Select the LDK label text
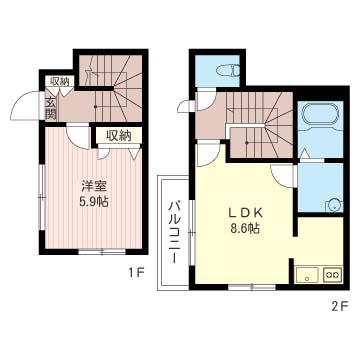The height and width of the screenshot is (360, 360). [x=246, y=213]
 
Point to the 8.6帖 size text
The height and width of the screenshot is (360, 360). [x=246, y=228]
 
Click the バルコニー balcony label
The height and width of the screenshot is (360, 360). [x=174, y=232]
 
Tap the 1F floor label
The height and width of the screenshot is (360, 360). [x=137, y=273]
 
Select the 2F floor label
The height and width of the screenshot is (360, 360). [x=340, y=306]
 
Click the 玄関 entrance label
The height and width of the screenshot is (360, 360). [x=50, y=109]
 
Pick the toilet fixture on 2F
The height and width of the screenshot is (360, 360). [x=228, y=71]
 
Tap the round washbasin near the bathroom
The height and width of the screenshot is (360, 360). [x=333, y=206]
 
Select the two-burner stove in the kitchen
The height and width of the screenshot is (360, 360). [x=333, y=275]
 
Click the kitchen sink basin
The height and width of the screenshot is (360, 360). [x=308, y=275]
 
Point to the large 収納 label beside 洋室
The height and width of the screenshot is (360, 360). [x=119, y=136]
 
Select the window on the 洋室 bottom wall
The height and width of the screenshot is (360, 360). [x=102, y=252]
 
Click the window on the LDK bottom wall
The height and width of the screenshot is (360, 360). [x=252, y=287]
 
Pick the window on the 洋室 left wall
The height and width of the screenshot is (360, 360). [x=42, y=197]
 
